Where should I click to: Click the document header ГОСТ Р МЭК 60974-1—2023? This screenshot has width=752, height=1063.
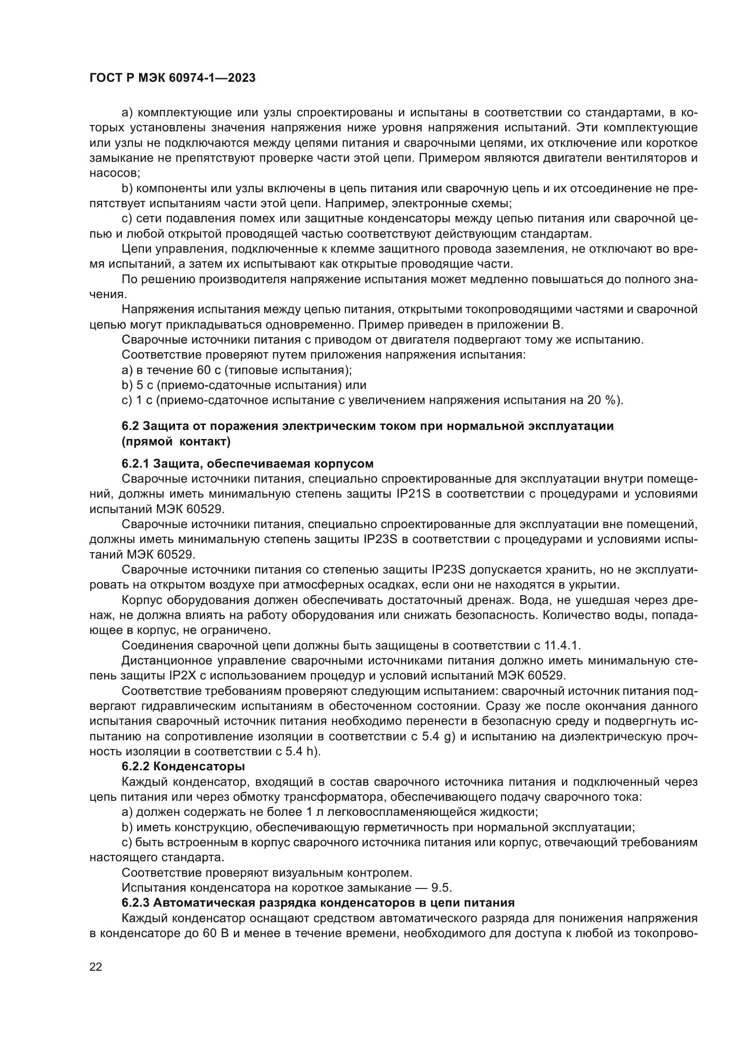click(x=172, y=78)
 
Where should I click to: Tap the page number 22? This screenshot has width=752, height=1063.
click(x=96, y=967)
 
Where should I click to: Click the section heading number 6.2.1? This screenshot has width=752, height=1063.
click(x=135, y=464)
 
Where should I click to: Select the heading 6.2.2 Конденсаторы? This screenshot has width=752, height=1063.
click(x=183, y=766)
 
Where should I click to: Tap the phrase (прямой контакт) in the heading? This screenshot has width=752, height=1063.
click(x=176, y=442)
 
